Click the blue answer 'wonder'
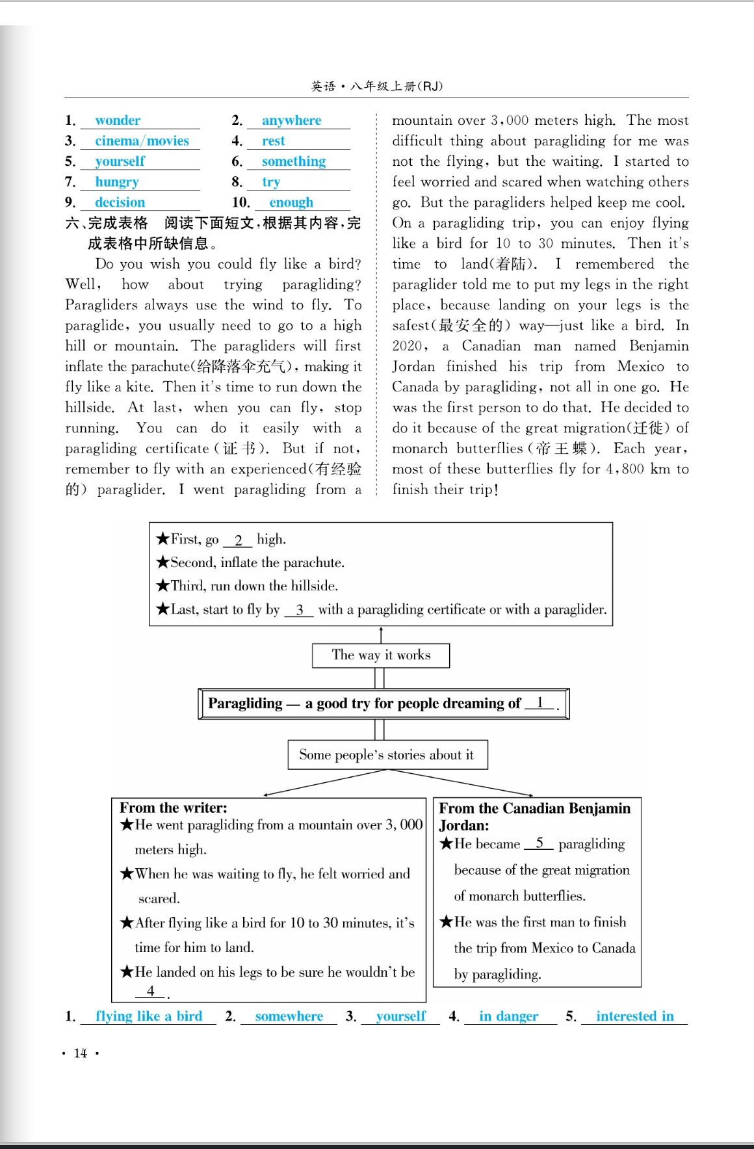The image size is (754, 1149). [x=118, y=120]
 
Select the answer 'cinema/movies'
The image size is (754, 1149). [x=142, y=141]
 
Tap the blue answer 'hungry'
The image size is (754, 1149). [x=117, y=182]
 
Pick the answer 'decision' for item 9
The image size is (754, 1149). [x=120, y=202]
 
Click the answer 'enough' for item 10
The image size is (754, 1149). [x=291, y=202]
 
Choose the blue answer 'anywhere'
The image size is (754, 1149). [x=291, y=120]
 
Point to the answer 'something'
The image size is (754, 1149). [x=294, y=161]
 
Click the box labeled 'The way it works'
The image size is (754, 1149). [x=381, y=655]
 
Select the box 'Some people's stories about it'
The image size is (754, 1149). [x=387, y=755]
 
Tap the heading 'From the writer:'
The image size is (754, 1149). [x=174, y=808]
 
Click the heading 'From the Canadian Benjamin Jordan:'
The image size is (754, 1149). [x=534, y=816]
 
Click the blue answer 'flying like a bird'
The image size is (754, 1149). [x=149, y=1016]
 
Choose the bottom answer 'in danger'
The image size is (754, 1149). [x=508, y=1016]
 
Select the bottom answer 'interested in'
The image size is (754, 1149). [x=634, y=1016]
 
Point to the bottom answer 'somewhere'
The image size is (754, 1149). [x=289, y=1016]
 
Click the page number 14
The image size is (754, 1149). [x=81, y=1053]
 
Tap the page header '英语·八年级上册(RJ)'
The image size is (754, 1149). [x=376, y=86]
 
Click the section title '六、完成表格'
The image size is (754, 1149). [x=107, y=223]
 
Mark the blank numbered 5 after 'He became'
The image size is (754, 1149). [x=539, y=843]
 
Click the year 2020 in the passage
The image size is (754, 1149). [x=408, y=346]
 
